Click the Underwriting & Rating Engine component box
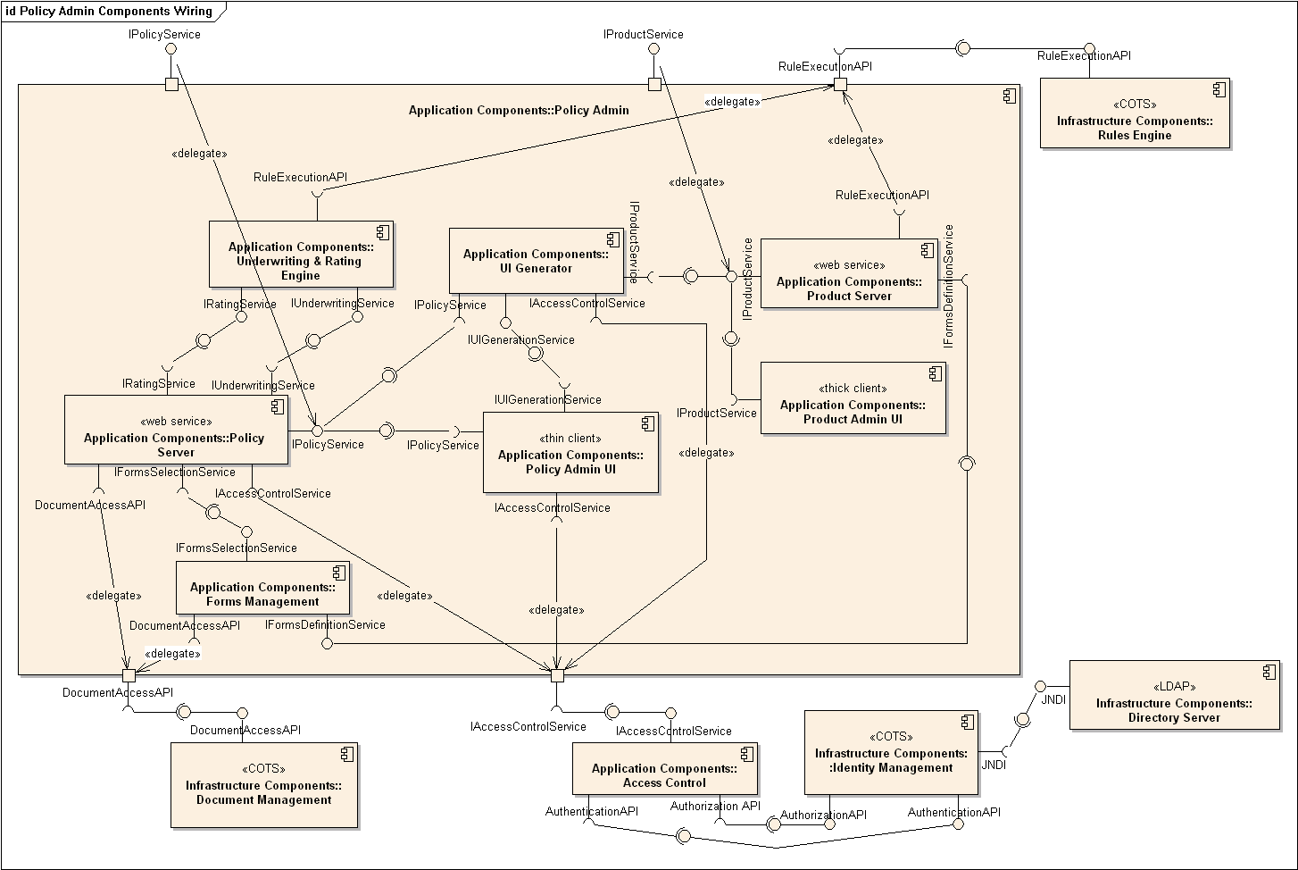click(x=301, y=255)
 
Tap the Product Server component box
click(x=848, y=273)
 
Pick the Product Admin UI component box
click(x=853, y=398)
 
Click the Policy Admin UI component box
click(x=570, y=453)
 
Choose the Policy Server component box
click(x=176, y=431)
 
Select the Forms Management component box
click(x=262, y=588)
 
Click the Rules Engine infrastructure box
click(x=1134, y=113)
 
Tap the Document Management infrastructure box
click(x=264, y=785)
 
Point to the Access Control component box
click(x=664, y=769)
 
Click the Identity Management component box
click(x=891, y=753)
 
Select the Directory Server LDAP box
click(x=1174, y=696)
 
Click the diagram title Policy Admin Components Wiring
click(x=109, y=12)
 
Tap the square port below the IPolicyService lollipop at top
click(x=171, y=84)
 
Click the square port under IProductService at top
click(x=654, y=84)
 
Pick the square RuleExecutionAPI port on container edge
click(x=839, y=84)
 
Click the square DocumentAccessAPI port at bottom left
click(x=129, y=675)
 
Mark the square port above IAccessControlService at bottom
click(x=557, y=675)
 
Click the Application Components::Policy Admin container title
click(x=519, y=111)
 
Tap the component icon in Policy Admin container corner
click(x=1010, y=96)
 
